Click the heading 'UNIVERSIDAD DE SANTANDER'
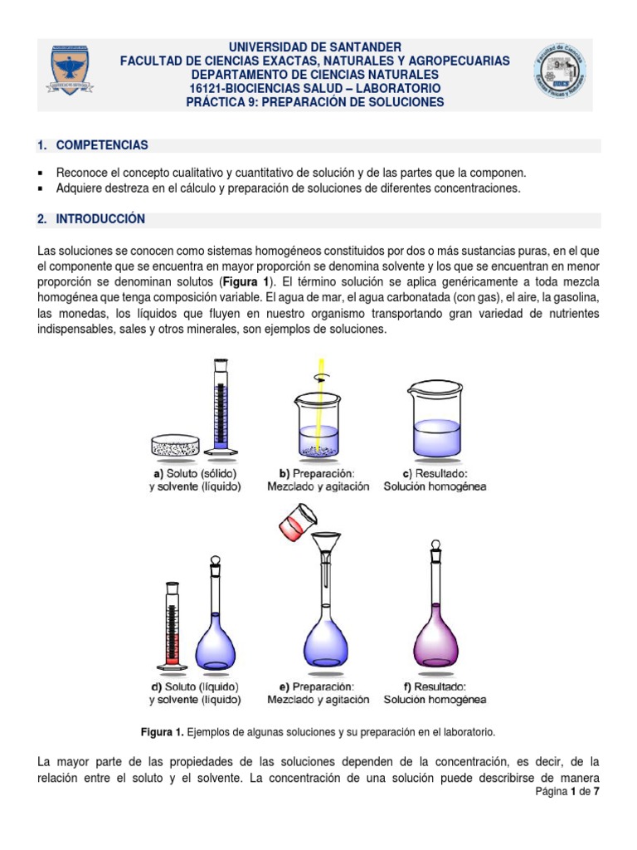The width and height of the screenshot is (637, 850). point(314,47)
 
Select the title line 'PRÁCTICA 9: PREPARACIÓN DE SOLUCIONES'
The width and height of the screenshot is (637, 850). point(314,102)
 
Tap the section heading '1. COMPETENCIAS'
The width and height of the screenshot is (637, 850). point(93,145)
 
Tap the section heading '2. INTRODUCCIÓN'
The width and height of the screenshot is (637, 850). point(91,219)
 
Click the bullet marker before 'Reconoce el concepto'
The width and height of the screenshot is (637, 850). point(41,173)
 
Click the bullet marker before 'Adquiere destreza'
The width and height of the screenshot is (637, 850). point(41,188)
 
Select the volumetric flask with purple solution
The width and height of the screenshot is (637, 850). point(434,614)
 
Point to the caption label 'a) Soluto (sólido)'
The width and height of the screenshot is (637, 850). point(196,473)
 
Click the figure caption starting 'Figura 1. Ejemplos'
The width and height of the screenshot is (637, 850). point(318,733)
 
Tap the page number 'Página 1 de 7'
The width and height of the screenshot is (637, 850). point(566,792)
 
